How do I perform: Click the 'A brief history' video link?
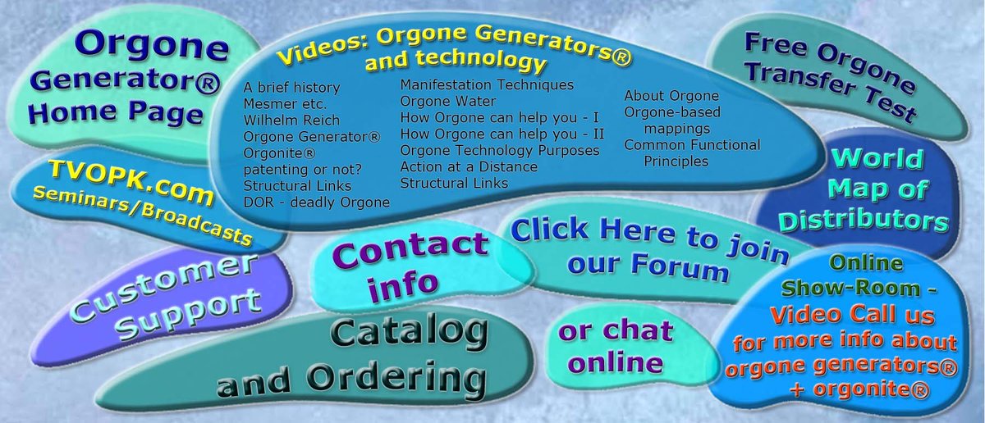click(x=291, y=87)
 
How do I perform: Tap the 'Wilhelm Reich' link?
click(x=286, y=120)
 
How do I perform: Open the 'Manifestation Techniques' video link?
click(x=487, y=84)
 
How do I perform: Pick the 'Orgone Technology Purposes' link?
click(x=499, y=151)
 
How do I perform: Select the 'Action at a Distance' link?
click(x=469, y=167)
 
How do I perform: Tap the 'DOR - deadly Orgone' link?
click(x=316, y=202)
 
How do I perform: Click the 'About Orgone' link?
click(x=671, y=96)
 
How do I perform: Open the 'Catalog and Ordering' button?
click(x=353, y=359)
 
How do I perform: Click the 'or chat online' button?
click(x=615, y=346)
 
